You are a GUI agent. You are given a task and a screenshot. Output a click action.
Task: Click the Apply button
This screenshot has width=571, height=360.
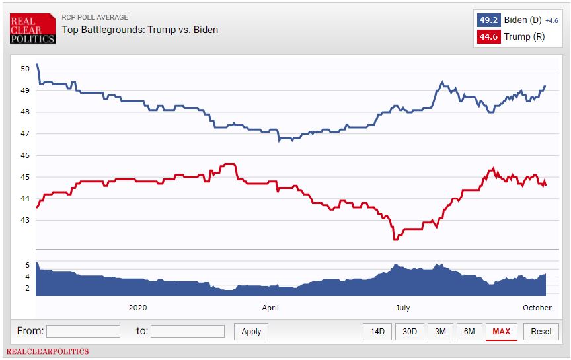pyautogui.click(x=251, y=332)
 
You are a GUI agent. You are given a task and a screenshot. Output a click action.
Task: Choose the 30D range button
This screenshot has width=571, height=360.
pyautogui.click(x=410, y=332)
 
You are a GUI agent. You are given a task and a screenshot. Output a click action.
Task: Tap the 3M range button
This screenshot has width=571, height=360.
pyautogui.click(x=440, y=332)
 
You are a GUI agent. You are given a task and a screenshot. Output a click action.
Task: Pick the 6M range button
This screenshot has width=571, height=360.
pyautogui.click(x=469, y=332)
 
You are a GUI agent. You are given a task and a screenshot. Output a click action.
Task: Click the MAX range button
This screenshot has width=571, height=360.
pyautogui.click(x=501, y=332)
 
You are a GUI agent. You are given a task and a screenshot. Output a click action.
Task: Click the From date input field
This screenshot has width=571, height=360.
pyautogui.click(x=83, y=332)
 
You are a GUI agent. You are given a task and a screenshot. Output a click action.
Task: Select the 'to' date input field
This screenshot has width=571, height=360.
pyautogui.click(x=188, y=332)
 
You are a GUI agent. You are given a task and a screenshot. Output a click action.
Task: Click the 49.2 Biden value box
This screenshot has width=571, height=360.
pyautogui.click(x=488, y=20)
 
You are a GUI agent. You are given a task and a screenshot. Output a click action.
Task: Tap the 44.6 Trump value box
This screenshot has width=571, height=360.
pyautogui.click(x=488, y=37)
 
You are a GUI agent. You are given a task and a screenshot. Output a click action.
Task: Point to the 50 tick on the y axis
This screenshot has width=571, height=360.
pyautogui.click(x=25, y=69)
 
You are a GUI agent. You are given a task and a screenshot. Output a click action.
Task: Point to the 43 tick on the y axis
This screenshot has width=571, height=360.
pyautogui.click(x=25, y=221)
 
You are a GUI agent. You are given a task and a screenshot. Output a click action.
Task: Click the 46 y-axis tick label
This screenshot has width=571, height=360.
pyautogui.click(x=25, y=155)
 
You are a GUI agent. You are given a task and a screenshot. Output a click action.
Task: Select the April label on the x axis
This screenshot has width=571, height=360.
pyautogui.click(x=270, y=308)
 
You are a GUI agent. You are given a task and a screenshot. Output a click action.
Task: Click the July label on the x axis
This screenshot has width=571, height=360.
pyautogui.click(x=402, y=308)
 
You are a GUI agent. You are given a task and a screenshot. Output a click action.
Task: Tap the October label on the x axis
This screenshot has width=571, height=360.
pyautogui.click(x=537, y=308)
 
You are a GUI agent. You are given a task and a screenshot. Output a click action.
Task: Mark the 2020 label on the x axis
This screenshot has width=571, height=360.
pyautogui.click(x=137, y=308)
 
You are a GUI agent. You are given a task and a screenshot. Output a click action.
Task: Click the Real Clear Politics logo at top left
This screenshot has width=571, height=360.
pyautogui.click(x=32, y=30)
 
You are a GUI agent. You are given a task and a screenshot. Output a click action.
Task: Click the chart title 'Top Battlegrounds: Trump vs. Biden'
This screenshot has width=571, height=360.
pyautogui.click(x=140, y=30)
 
